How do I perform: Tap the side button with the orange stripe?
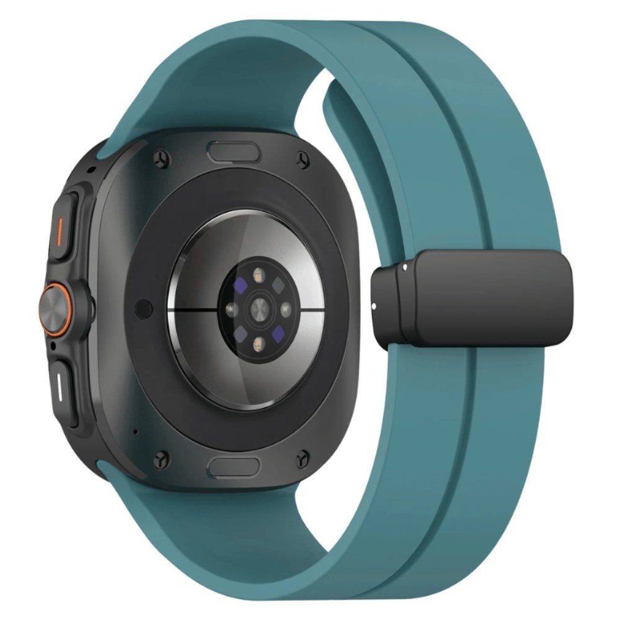pos(64,225)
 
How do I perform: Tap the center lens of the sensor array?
pos(258,308)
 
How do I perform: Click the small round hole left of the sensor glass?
pos(144,306)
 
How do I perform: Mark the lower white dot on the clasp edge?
pos(376,304)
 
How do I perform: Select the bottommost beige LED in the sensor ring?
pos(258,342)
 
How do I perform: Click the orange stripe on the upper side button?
pos(60,229)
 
